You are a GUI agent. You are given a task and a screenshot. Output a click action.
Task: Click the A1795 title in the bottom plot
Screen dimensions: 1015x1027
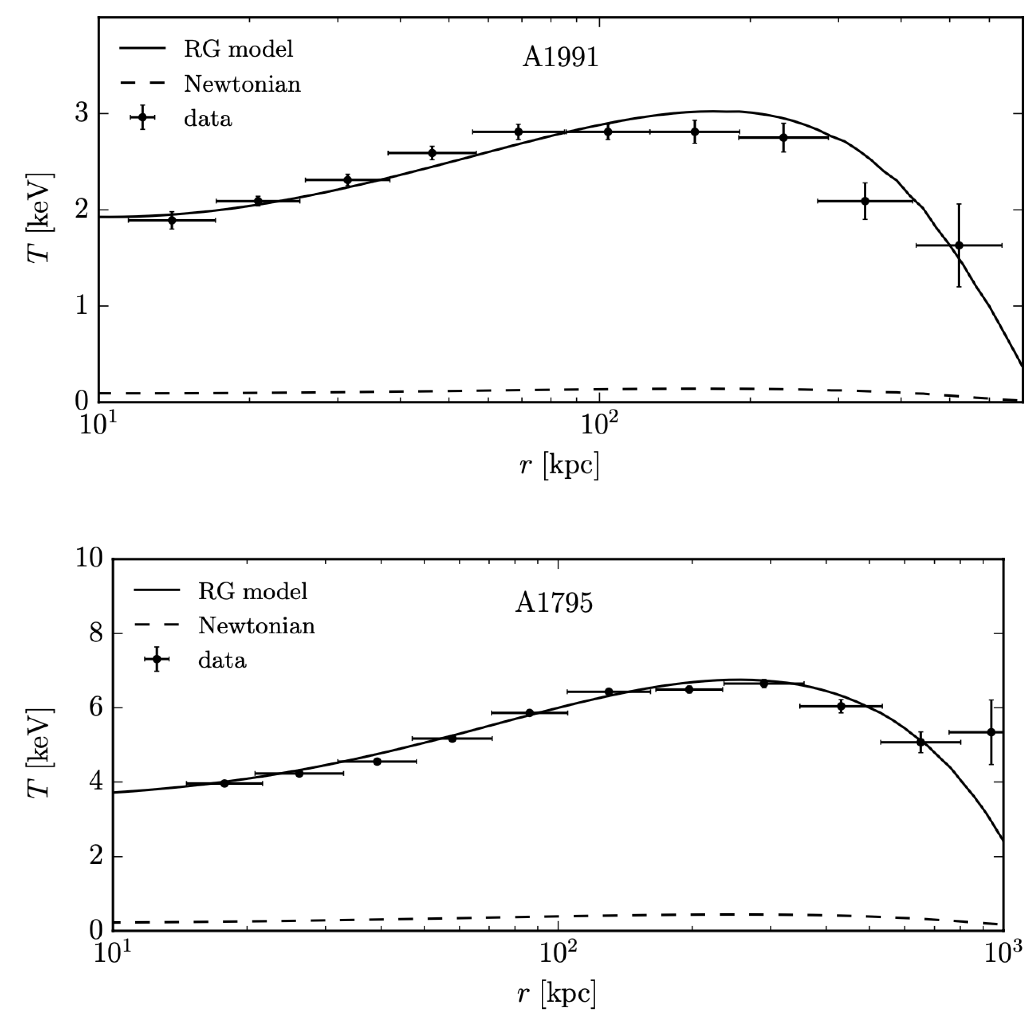tap(554, 603)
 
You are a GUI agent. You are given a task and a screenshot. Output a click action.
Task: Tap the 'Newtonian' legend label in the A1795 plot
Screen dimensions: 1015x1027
tap(257, 626)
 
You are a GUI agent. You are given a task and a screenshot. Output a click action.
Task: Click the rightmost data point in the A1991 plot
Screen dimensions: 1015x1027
tap(959, 245)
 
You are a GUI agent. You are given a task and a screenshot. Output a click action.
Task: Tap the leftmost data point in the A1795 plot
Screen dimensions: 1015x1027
tap(224, 783)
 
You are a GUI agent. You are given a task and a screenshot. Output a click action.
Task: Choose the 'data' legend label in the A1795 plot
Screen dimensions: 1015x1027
tap(222, 661)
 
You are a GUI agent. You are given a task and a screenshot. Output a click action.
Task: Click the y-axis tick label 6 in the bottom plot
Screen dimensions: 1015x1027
tap(96, 708)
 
